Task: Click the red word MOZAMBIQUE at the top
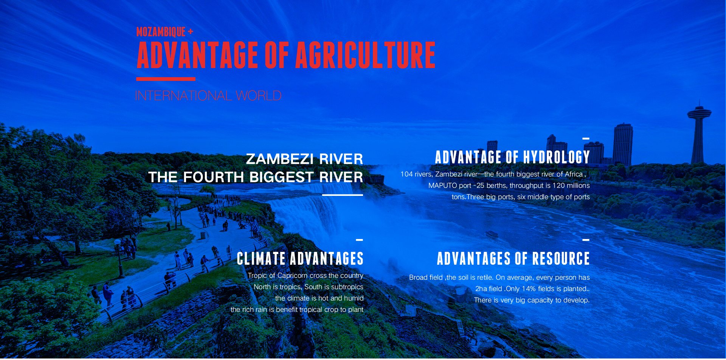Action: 161,32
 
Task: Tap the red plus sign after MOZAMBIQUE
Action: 191,32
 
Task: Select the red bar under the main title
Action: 166,79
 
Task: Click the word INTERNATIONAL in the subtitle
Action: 183,96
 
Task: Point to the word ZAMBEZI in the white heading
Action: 280,159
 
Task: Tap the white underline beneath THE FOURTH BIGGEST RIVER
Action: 343,195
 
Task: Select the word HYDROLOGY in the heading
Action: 557,157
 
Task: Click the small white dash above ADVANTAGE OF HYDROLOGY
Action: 586,139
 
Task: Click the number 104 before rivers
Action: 406,174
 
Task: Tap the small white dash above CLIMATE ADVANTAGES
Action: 359,240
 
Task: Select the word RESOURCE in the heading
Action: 561,259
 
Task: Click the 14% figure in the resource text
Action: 529,289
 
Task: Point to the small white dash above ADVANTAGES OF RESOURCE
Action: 586,240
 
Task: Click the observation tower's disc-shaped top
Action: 699,112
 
